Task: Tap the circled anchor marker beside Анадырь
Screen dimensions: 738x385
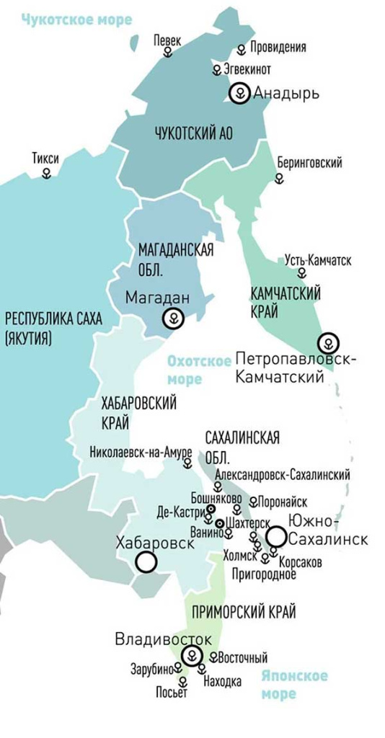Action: pos(239,94)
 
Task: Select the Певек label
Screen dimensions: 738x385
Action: pos(168,42)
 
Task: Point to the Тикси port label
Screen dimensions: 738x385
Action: pos(45,159)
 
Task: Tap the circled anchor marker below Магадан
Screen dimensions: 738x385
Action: pos(173,318)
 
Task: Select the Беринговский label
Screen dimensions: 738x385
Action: pos(309,163)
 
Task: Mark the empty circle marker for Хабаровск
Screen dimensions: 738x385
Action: pos(147,562)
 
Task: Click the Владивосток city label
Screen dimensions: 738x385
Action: pos(164,639)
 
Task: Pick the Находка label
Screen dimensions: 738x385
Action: pos(222,681)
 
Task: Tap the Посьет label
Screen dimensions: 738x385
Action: pos(172,693)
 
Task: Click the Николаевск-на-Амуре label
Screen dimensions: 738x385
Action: pos(141,453)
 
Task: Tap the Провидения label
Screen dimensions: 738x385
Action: pos(278,48)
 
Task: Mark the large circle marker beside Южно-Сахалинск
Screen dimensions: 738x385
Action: pos(275,536)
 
